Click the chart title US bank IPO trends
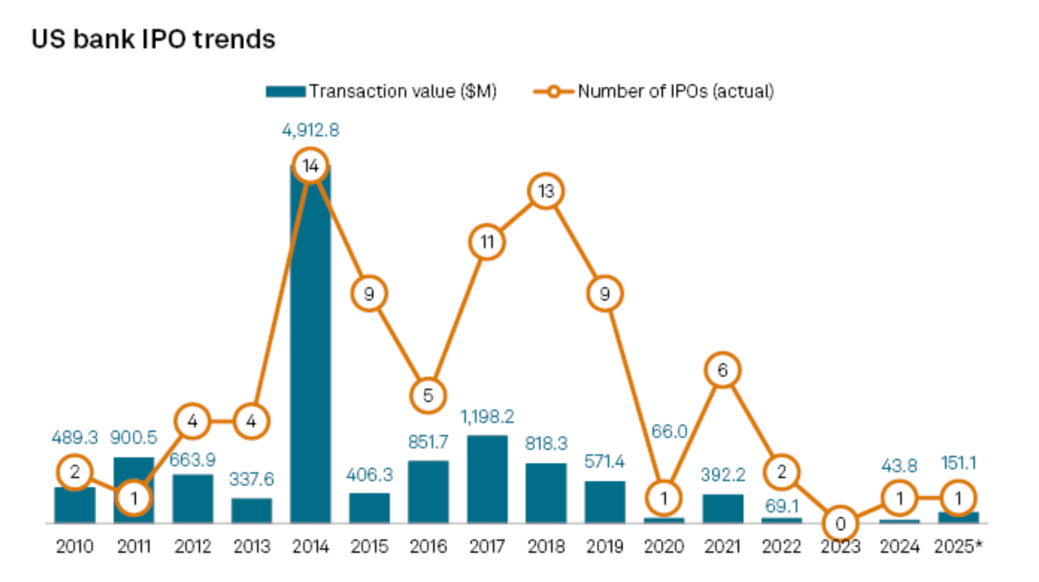coord(153,40)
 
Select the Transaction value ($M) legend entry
coord(381,92)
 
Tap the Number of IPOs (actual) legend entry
coord(653,92)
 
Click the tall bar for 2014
coord(311,347)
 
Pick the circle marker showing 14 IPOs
coord(311,166)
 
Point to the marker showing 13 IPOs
coord(546,191)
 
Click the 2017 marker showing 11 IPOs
coord(487,243)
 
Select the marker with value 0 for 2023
coord(840,523)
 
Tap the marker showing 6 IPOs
coord(723,370)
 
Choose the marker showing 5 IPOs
coord(428,396)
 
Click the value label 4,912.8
coord(310,131)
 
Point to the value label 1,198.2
coord(487,417)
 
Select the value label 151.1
coord(959,462)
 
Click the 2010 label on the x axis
coord(75,547)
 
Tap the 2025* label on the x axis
coord(958,547)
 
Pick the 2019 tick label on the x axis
coord(605,547)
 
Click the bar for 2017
coord(487,479)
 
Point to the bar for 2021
coord(723,508)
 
